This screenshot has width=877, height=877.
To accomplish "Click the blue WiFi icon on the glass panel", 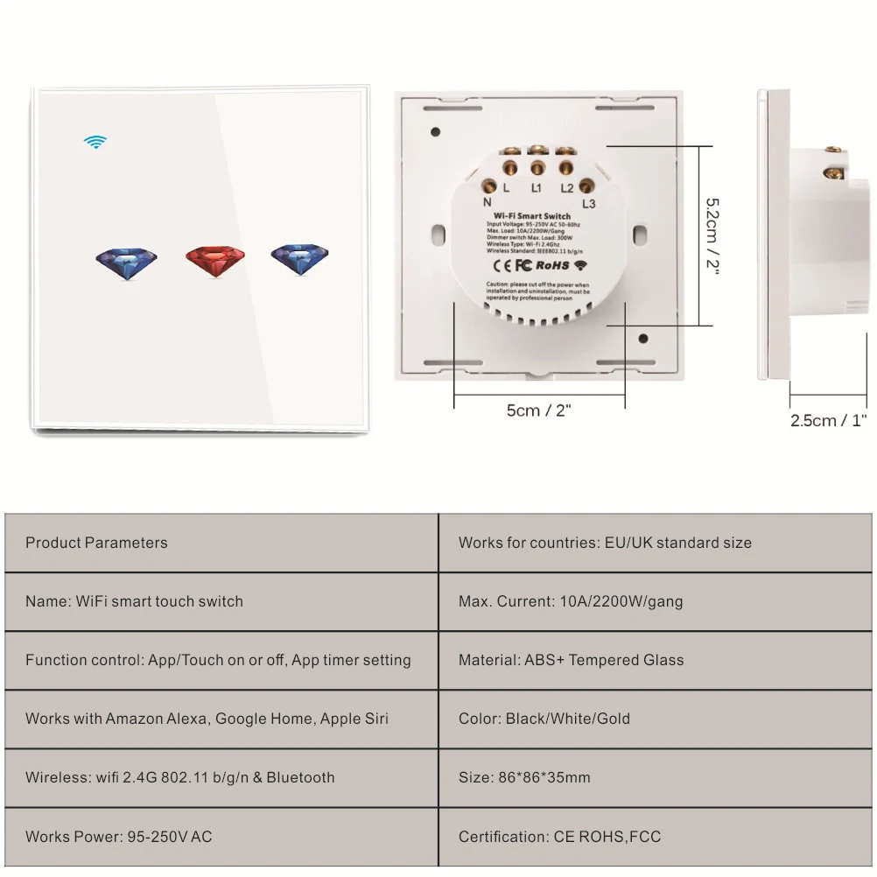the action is (95, 142).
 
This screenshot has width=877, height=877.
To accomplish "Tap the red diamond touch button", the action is (215, 261).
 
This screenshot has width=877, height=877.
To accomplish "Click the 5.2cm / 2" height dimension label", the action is (713, 235).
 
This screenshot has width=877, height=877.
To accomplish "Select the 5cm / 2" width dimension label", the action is (538, 410).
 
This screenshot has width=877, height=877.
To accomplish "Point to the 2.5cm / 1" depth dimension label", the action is (828, 420).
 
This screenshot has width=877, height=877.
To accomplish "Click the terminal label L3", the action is (588, 204).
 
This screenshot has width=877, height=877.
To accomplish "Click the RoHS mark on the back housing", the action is (551, 265).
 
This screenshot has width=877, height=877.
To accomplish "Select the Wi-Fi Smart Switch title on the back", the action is (532, 216).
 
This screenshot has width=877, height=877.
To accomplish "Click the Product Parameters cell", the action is (96, 543).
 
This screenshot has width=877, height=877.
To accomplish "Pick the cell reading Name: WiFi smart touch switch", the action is (134, 601).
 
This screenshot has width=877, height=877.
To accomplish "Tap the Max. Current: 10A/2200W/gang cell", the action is (571, 601).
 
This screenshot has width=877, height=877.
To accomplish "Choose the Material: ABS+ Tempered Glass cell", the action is (571, 660).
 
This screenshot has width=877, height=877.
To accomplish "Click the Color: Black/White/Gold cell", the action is (544, 719).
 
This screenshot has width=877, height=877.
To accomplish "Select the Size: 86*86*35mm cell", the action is (524, 777).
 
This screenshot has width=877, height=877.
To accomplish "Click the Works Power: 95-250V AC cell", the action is (118, 837).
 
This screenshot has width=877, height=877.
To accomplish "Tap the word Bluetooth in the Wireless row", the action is (300, 777).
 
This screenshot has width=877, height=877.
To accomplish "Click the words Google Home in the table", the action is (263, 719).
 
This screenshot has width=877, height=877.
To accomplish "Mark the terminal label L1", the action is (536, 188).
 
